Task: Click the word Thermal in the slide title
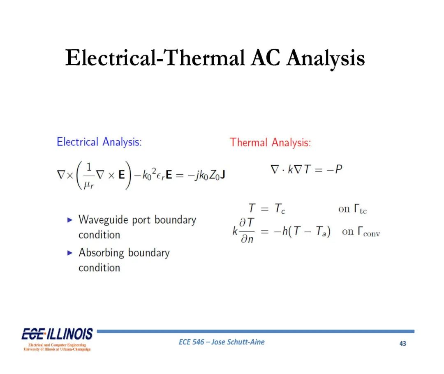pos(205,58)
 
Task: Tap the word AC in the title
pos(266,58)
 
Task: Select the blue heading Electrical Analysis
pos(99,142)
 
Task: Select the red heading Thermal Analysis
pos(270,143)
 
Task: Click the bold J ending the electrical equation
pos(222,174)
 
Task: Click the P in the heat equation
pos(338,169)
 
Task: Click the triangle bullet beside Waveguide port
pos(70,220)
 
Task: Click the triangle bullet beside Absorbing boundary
pos(70,253)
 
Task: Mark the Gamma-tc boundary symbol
pos(360,209)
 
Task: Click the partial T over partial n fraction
pos(247,231)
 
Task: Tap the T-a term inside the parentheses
pos(321,231)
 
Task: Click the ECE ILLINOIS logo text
pos(57,334)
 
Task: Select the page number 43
pos(402,344)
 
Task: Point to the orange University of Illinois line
pos(57,349)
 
